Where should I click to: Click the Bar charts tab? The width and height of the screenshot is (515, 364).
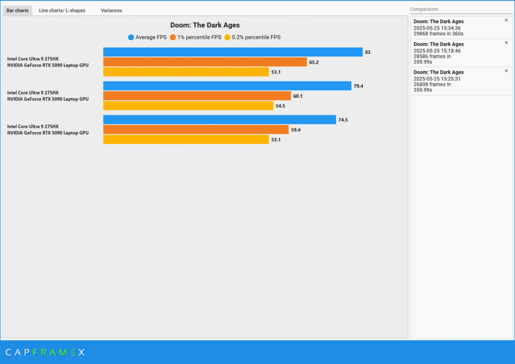click(18, 10)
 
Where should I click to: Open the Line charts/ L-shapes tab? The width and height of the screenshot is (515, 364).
click(62, 10)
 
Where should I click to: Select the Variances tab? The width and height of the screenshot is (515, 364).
click(111, 10)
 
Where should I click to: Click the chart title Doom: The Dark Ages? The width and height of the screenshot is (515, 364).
click(205, 25)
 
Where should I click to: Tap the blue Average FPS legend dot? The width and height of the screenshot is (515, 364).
click(131, 37)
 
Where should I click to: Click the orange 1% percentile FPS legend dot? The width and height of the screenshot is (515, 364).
click(173, 37)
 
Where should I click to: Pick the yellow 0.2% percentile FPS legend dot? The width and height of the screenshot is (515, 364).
click(227, 37)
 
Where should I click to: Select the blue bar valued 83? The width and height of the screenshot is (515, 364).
click(233, 52)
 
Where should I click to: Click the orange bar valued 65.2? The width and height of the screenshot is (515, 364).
click(205, 62)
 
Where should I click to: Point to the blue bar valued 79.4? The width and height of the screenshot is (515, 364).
click(227, 86)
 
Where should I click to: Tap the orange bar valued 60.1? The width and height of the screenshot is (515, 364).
click(197, 96)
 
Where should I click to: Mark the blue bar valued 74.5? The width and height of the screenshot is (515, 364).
click(219, 120)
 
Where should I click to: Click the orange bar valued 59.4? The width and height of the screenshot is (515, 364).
click(196, 130)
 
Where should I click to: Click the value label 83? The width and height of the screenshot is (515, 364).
click(368, 52)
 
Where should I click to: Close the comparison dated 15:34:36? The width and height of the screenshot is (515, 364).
click(506, 20)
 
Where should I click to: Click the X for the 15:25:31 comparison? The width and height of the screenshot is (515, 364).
click(506, 71)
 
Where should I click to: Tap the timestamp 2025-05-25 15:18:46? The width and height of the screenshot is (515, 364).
click(437, 51)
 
